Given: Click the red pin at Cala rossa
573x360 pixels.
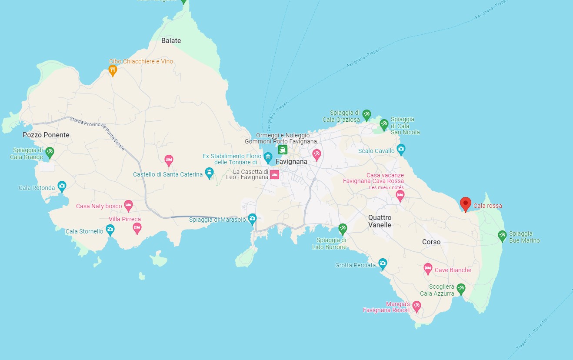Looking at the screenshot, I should click(x=465, y=203).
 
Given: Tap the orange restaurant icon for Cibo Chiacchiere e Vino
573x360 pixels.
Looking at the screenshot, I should click(x=113, y=70).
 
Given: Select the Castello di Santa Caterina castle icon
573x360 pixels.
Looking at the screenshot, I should click(x=209, y=173).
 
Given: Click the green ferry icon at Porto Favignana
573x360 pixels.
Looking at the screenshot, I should click(x=283, y=150).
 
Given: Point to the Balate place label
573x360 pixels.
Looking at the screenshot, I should click(x=171, y=40).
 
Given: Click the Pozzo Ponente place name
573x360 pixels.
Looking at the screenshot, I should click(x=46, y=135).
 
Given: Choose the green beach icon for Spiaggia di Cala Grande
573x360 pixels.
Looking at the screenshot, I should click(x=50, y=152).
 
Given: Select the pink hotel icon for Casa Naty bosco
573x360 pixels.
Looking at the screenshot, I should click(x=128, y=205).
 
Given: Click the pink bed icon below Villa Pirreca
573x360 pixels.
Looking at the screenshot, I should click(x=137, y=227).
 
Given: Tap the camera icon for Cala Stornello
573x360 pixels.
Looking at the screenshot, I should click(x=110, y=229).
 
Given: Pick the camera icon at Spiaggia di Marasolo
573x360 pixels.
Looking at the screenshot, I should click(x=252, y=218).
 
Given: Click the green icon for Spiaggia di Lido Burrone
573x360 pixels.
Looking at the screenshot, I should click(x=343, y=228).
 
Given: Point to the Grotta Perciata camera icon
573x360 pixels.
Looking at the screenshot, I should click(x=383, y=263).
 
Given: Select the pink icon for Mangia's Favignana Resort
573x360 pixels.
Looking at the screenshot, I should click(x=416, y=306).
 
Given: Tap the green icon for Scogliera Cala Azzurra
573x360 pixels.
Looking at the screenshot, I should click(x=461, y=288).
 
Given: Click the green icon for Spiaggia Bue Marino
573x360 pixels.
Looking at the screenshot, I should click(x=502, y=235).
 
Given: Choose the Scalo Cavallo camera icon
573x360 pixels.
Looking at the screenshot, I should click(x=401, y=149).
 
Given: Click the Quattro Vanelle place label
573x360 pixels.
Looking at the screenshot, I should click(x=380, y=221).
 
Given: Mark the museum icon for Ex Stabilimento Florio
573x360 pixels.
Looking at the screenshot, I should click(x=268, y=157).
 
